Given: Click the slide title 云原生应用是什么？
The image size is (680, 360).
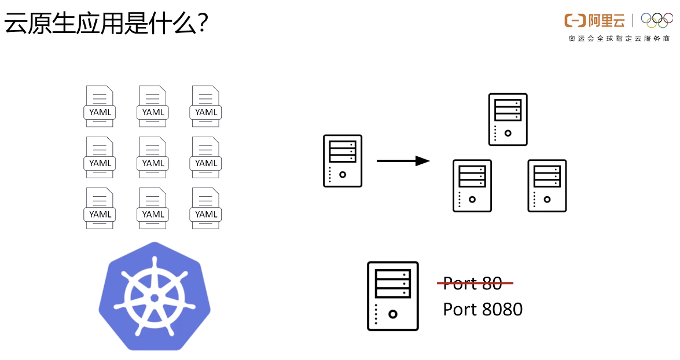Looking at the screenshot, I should pyautogui.click(x=106, y=25).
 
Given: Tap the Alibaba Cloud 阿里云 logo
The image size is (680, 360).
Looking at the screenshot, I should pyautogui.click(x=594, y=21).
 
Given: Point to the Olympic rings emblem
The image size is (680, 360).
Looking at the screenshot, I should pyautogui.click(x=656, y=20).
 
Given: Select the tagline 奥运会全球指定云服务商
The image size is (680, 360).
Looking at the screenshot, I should pyautogui.click(x=619, y=39).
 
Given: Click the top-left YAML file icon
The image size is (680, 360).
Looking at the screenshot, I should pyautogui.click(x=100, y=106).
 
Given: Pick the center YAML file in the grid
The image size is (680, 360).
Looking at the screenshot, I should pyautogui.click(x=153, y=157).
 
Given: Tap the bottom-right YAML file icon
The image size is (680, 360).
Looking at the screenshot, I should pyautogui.click(x=206, y=208).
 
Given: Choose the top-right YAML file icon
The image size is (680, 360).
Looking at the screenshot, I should pyautogui.click(x=206, y=106).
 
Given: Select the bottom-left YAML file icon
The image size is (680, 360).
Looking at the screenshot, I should pyautogui.click(x=100, y=208).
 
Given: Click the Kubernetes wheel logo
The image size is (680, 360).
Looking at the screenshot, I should pyautogui.click(x=154, y=296).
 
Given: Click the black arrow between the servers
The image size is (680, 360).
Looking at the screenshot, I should pyautogui.click(x=403, y=161).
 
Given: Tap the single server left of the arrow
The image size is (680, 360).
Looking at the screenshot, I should pyautogui.click(x=343, y=161).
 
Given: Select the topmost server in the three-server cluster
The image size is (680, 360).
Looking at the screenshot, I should pyautogui.click(x=508, y=119).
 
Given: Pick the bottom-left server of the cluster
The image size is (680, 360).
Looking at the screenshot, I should pyautogui.click(x=472, y=186).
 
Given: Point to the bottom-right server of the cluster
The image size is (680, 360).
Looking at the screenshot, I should pyautogui.click(x=547, y=186).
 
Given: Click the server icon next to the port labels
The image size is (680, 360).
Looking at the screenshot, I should pyautogui.click(x=392, y=296).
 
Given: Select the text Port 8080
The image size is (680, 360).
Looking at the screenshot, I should pyautogui.click(x=483, y=310).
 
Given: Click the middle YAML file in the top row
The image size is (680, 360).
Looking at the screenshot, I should pyautogui.click(x=153, y=106).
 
